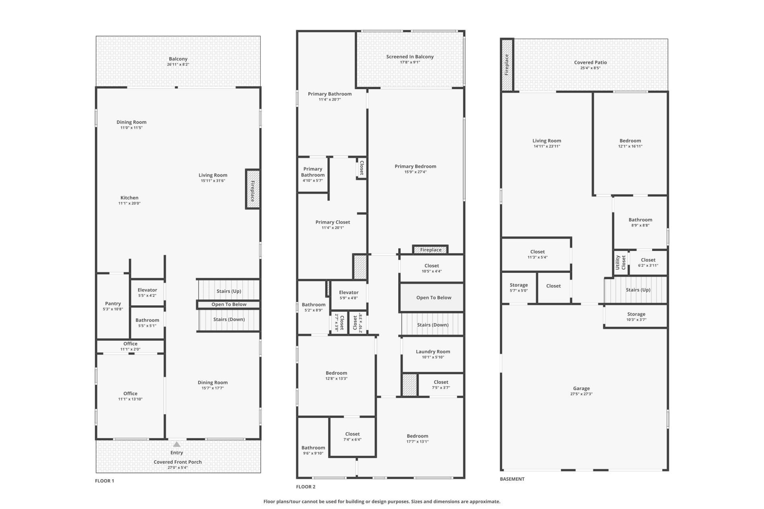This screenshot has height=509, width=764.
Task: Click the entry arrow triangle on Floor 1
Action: pyautogui.click(x=177, y=444)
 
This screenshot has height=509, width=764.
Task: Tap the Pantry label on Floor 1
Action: pyautogui.click(x=113, y=303)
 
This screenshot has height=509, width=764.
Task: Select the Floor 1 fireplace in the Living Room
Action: pyautogui.click(x=253, y=189)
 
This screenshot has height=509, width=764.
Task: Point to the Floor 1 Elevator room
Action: pyautogui.click(x=147, y=293)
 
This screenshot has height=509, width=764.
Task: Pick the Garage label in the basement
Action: pyautogui.click(x=581, y=389)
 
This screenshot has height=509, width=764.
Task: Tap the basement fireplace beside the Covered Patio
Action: pyautogui.click(x=507, y=65)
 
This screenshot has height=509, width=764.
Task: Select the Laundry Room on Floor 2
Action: pyautogui.click(x=433, y=354)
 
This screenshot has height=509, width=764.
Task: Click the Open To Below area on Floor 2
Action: pyautogui.click(x=432, y=297)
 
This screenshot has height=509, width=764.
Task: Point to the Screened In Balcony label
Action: pyautogui.click(x=410, y=57)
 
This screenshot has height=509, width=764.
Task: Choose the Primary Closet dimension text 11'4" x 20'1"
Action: pyautogui.click(x=333, y=228)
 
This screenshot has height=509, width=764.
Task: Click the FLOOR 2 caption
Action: pyautogui.click(x=306, y=487)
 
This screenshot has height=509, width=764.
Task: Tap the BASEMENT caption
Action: pyautogui.click(x=512, y=479)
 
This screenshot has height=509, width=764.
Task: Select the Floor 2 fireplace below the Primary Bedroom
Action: pyautogui.click(x=431, y=250)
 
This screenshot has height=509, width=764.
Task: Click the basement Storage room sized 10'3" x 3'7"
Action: pyautogui.click(x=636, y=317)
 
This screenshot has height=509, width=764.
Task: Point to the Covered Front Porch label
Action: pyautogui.click(x=178, y=462)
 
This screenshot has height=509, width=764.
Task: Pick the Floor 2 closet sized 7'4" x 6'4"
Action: pyautogui.click(x=353, y=437)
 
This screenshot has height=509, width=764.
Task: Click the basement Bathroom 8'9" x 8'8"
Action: pyautogui.click(x=640, y=222)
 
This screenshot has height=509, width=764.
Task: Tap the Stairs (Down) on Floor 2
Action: pyautogui.click(x=433, y=324)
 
